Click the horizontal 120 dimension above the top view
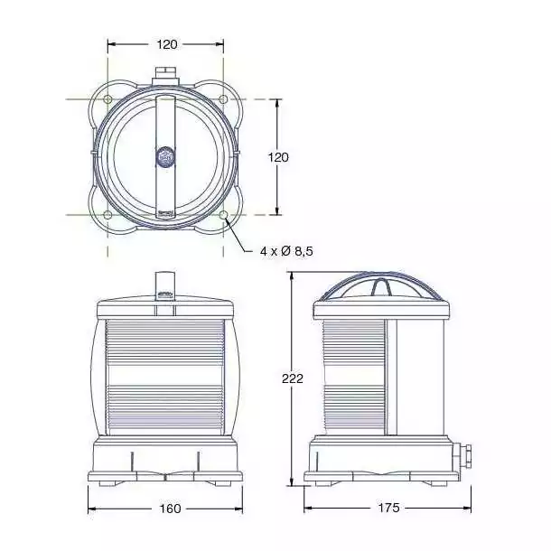[x=167, y=44]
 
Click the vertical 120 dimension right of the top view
[x=278, y=157]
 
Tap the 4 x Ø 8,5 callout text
[x=286, y=251]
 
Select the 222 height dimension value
[x=293, y=378]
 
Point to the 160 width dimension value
[x=171, y=509]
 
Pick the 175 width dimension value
[x=389, y=508]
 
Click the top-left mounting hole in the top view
[x=107, y=99]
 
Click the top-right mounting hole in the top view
[x=223, y=99]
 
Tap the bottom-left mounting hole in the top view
[x=107, y=214]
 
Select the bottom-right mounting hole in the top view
[x=223, y=214]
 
